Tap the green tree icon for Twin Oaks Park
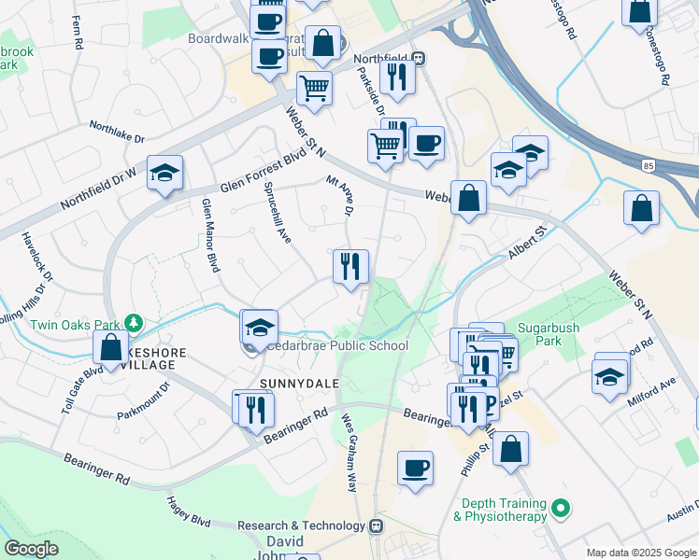pos(134,324)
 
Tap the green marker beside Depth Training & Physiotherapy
pos(560,509)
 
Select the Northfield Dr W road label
pos(99,186)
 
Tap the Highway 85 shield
pos(649,165)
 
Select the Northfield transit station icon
pos(420,58)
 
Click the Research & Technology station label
pos(302,525)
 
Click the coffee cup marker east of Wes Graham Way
pos(415,467)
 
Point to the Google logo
pos(32,549)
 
